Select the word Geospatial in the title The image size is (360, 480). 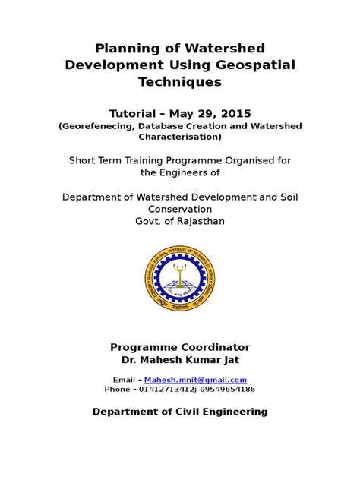254,65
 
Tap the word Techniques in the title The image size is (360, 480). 180,82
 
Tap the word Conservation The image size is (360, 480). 180,209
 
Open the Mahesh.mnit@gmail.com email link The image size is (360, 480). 196,380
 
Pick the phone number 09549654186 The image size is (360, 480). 227,390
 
